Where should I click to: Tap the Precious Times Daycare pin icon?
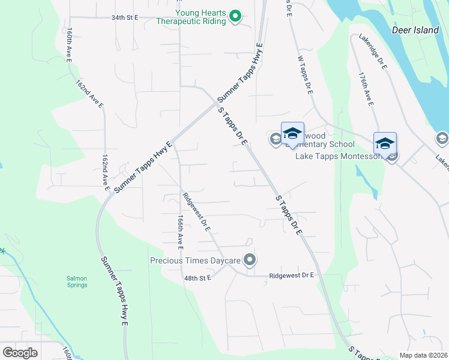click(x=250, y=260)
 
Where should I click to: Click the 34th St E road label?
click(x=124, y=17)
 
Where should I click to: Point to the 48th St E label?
click(x=199, y=278)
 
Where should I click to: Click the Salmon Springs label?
click(x=77, y=281)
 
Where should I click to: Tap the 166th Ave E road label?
click(x=179, y=233)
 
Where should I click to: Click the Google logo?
click(x=20, y=352)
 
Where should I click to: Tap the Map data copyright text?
click(x=424, y=355)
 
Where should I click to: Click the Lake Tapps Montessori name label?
click(x=339, y=156)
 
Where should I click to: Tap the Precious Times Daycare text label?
click(x=195, y=260)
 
